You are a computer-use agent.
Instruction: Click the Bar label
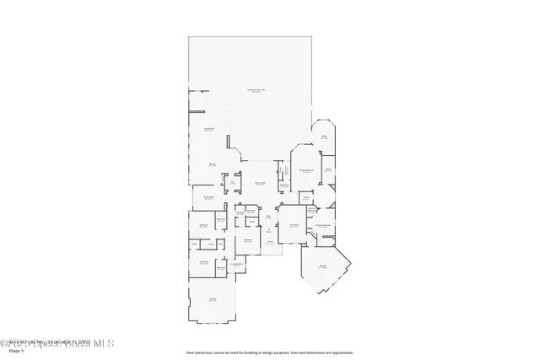(x=232, y=182)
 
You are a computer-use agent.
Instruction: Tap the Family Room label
(x=214, y=164)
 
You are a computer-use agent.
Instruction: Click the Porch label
(x=271, y=242)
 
